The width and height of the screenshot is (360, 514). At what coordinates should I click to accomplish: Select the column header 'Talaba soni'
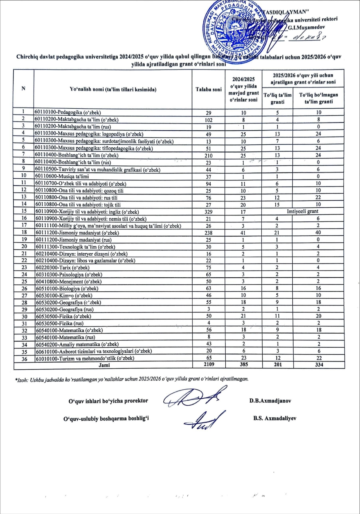point(209,89)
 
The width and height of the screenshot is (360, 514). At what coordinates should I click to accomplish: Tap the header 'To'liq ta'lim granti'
point(277,98)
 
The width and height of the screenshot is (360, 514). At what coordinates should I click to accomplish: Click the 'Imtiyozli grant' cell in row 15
point(303,211)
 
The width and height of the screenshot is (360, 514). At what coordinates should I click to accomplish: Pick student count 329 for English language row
point(209,212)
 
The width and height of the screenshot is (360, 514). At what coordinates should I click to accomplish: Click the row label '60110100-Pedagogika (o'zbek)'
point(68,112)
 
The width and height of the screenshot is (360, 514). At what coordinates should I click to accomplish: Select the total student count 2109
point(209,364)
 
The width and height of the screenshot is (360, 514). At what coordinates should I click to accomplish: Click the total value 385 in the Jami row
point(244,364)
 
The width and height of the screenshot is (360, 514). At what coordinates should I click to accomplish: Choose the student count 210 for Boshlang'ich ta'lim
point(209,156)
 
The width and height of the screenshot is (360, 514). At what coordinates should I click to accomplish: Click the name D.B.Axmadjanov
point(270,401)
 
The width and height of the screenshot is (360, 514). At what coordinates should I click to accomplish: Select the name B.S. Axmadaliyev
point(275,418)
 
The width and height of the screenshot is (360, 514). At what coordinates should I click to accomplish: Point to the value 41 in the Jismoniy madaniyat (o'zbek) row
point(243,233)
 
